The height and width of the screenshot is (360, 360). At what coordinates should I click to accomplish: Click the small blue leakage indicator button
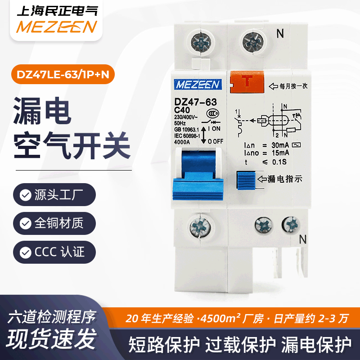pyautogui.click(x=245, y=180)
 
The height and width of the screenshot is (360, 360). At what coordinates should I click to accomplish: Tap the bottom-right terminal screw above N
pyautogui.click(x=291, y=223)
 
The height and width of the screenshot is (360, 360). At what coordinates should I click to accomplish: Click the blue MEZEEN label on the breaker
pyautogui.click(x=196, y=84)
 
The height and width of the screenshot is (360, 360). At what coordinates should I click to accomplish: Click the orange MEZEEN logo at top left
pyautogui.click(x=56, y=27)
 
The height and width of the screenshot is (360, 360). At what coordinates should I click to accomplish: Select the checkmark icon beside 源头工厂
pyautogui.click(x=25, y=195)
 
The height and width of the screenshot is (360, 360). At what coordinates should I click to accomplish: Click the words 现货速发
pyautogui.click(x=52, y=337)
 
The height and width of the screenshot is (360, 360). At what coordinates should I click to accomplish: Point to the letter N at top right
pyautogui.click(x=280, y=33)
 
